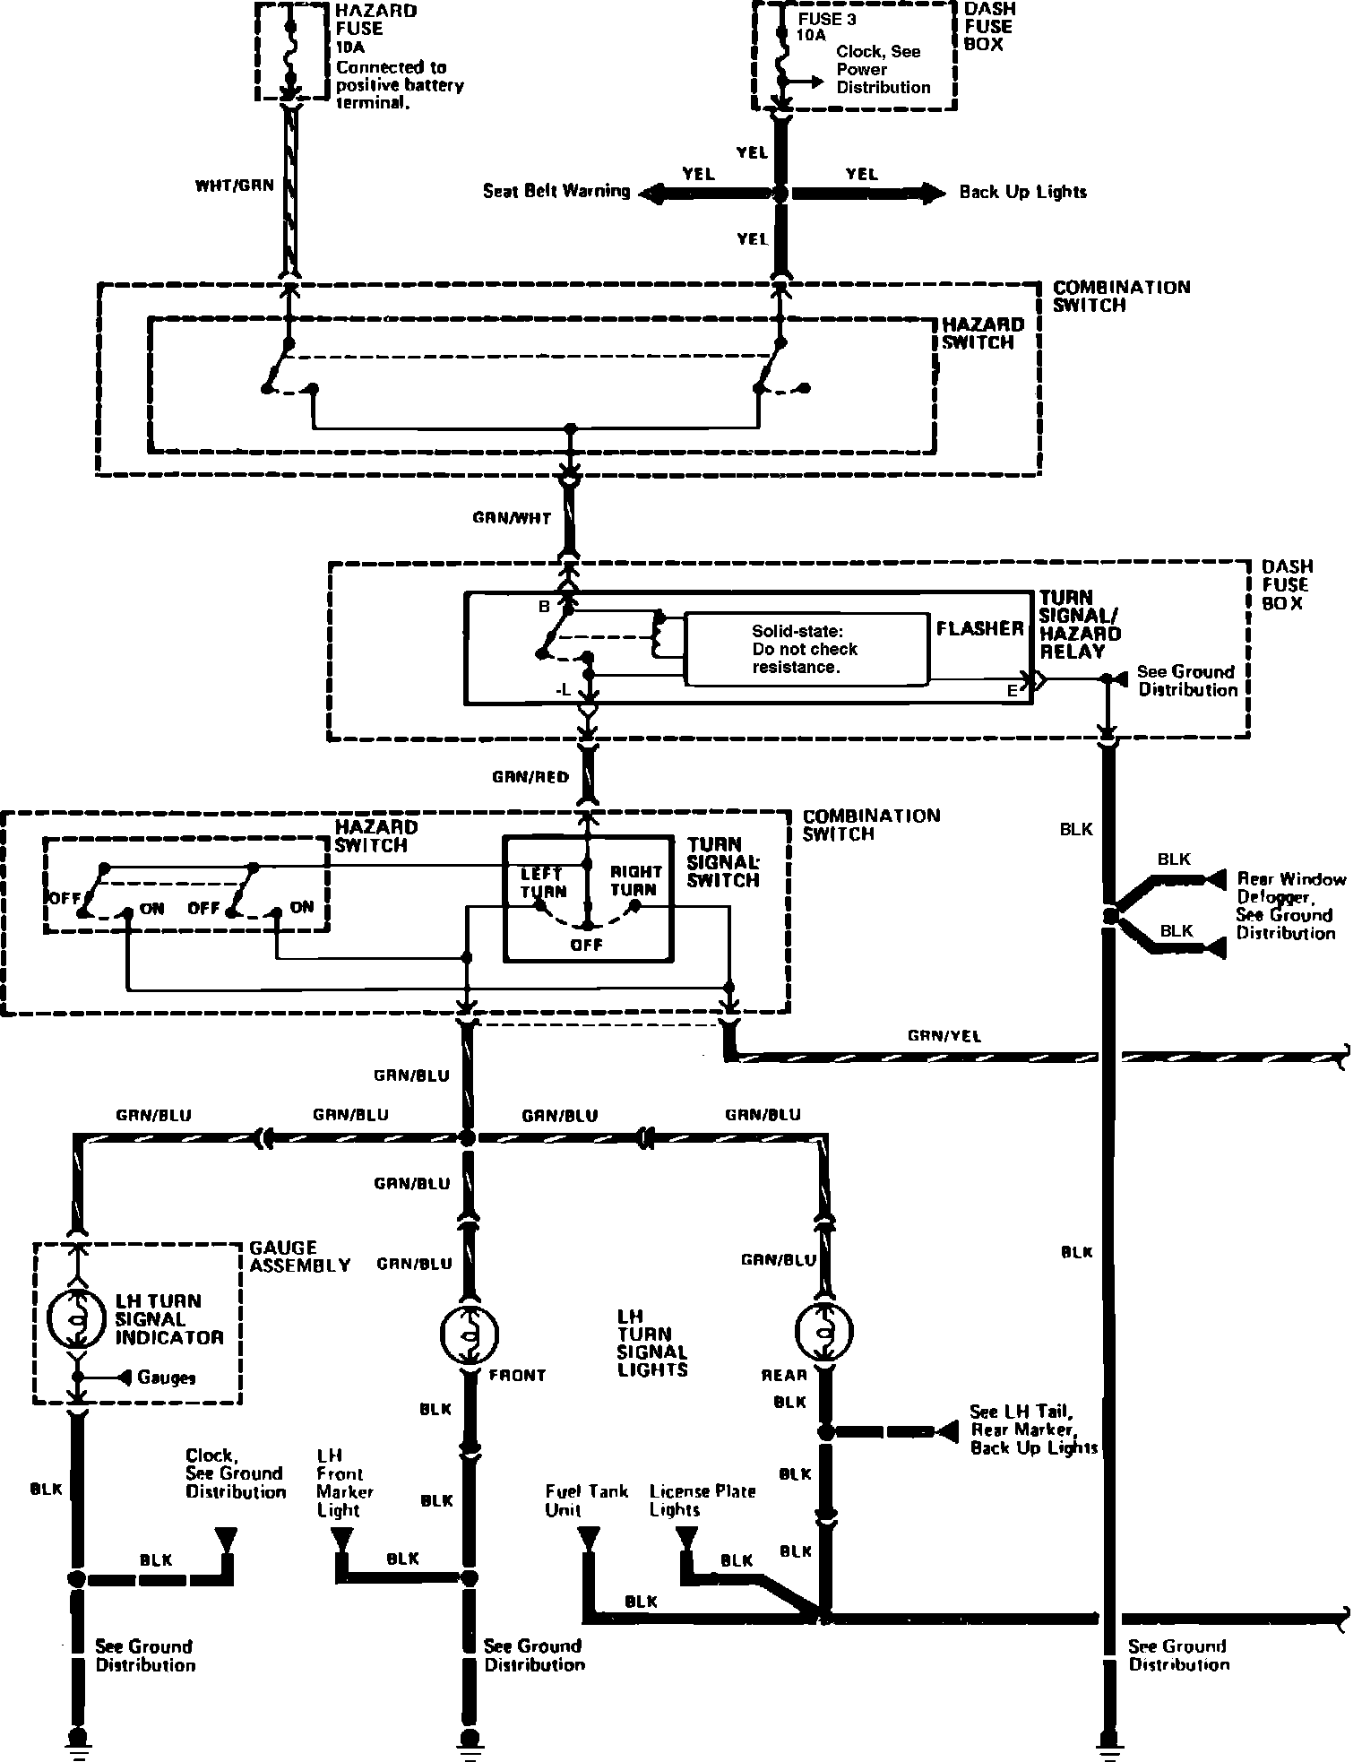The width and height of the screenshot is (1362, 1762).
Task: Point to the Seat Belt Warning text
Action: pyautogui.click(x=556, y=191)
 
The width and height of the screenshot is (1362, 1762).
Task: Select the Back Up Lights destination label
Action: pyautogui.click(x=1022, y=192)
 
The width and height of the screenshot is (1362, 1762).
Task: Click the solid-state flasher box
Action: pyautogui.click(x=806, y=650)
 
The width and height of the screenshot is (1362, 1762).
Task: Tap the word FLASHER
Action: pyautogui.click(x=979, y=628)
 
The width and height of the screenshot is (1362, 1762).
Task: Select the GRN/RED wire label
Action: pyautogui.click(x=530, y=776)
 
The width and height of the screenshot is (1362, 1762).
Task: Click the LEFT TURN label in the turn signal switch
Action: pyautogui.click(x=543, y=882)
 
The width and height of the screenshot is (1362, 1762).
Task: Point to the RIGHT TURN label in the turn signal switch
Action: pyautogui.click(x=635, y=880)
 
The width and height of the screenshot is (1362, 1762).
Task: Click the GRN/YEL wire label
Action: pyautogui.click(x=944, y=1036)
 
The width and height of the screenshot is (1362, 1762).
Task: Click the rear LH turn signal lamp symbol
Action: pyautogui.click(x=824, y=1330)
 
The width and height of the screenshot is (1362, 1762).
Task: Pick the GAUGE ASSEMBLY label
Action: pyautogui.click(x=299, y=1256)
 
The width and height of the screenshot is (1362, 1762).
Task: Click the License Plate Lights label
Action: pyautogui.click(x=703, y=1499)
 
